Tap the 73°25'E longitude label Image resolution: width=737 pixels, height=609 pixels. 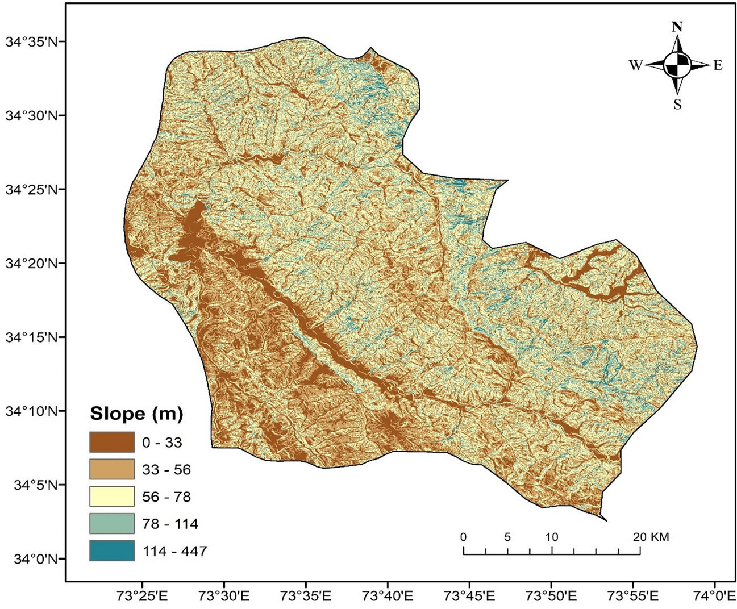(141, 596)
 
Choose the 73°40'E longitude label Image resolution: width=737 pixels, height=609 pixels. (388, 596)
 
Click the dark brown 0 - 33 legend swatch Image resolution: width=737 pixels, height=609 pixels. (111, 442)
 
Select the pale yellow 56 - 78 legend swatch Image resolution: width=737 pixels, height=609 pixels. (111, 497)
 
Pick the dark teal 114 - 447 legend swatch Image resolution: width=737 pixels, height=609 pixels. (111, 550)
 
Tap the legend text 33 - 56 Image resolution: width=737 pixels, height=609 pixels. (166, 470)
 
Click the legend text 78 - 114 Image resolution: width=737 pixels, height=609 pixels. (170, 524)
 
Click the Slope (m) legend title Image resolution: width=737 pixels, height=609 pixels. (136, 414)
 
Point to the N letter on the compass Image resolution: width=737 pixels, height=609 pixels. (677, 27)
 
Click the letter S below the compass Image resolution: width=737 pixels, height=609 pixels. (677, 105)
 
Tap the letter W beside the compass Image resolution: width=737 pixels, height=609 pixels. (635, 65)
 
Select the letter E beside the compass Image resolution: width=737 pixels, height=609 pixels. (718, 65)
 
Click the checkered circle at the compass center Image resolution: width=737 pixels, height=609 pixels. (677, 64)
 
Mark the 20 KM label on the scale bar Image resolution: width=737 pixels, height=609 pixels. (651, 537)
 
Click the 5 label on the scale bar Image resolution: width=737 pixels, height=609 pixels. (507, 537)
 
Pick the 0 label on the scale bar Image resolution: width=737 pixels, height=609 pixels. (464, 537)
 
